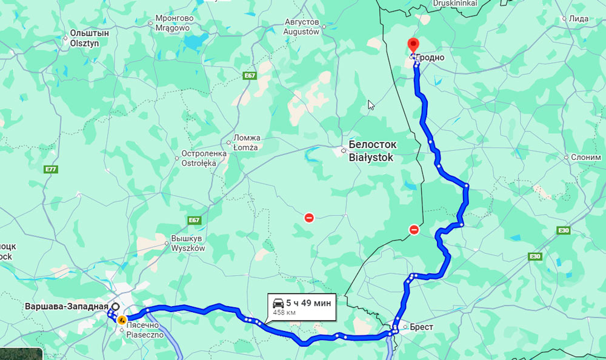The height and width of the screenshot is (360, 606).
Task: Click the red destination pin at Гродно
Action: click(x=413, y=45)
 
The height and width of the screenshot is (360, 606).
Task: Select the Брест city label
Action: click(x=421, y=327)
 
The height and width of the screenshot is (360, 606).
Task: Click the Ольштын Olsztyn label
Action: click(x=89, y=38)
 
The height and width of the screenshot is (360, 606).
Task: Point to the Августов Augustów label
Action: click(x=302, y=27)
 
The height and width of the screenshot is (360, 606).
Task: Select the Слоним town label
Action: click(x=586, y=157)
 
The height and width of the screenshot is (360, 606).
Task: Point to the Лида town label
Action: click(x=579, y=19)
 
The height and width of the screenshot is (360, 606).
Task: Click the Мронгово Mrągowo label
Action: click(x=174, y=23)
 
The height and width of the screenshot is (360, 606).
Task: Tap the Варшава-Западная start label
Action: click(x=66, y=306)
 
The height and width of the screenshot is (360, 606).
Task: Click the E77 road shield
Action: click(x=51, y=169)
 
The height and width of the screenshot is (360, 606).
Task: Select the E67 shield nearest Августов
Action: click(x=250, y=75)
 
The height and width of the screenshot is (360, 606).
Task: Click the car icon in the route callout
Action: click(x=278, y=302)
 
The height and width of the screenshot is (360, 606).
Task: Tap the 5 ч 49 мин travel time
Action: click(x=308, y=302)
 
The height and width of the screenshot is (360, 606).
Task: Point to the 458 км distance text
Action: click(x=284, y=313)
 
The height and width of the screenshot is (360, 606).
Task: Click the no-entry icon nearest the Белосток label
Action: click(x=309, y=218)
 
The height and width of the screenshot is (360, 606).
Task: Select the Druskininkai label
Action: click(x=455, y=3)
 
